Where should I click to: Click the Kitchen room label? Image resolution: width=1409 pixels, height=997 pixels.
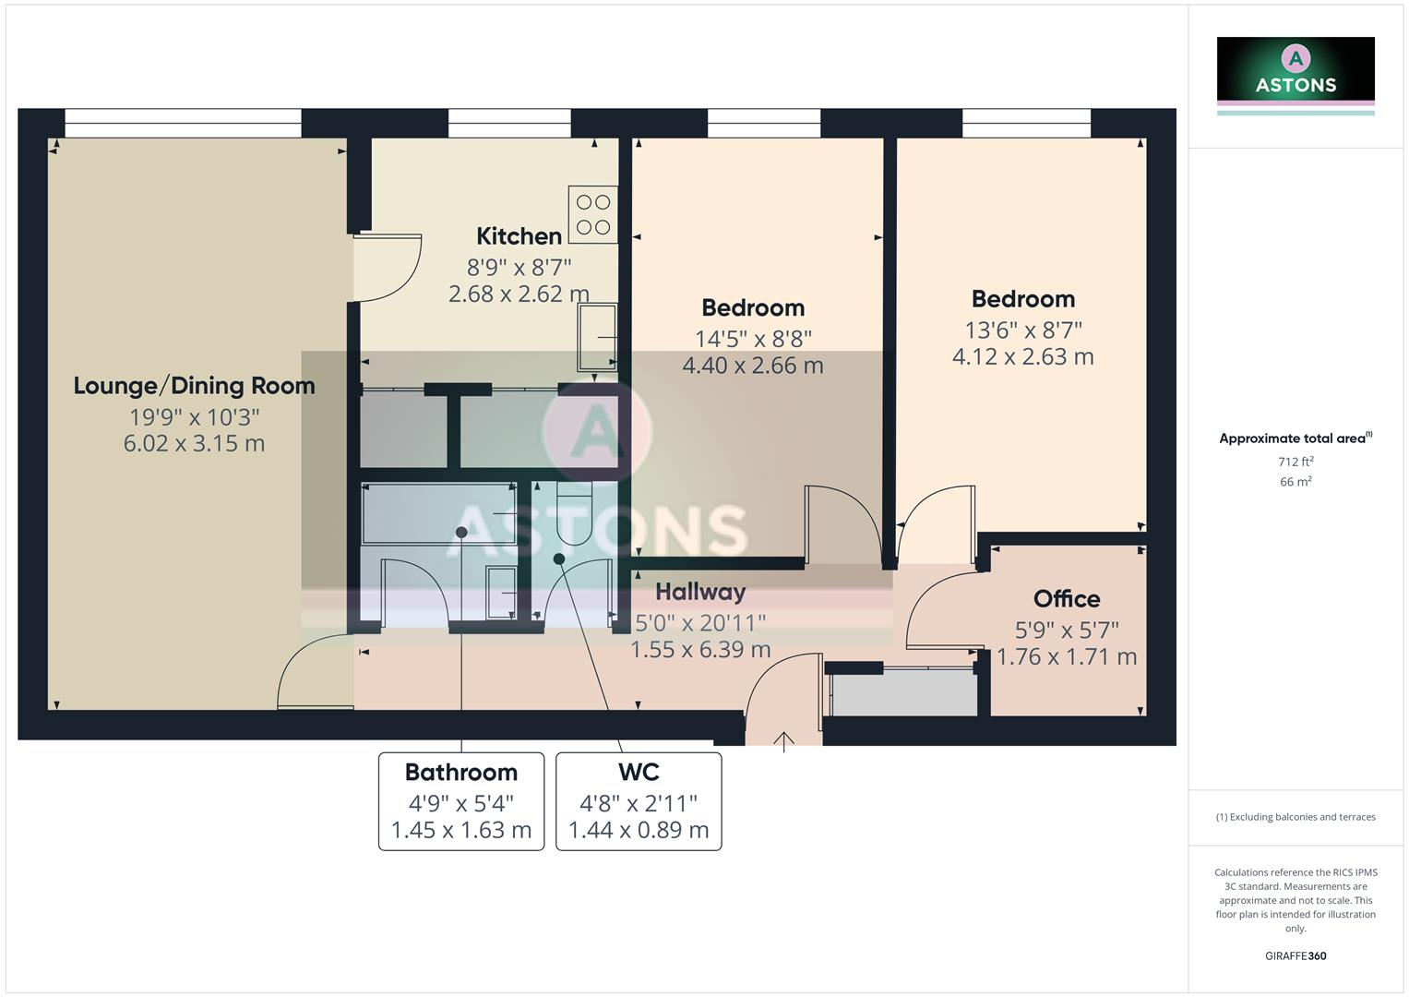(x=519, y=236)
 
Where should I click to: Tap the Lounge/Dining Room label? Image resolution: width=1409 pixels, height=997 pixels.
(x=194, y=386)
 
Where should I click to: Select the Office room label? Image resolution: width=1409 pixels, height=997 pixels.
(x=1066, y=599)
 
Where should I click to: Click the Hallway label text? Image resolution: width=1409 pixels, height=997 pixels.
(x=700, y=592)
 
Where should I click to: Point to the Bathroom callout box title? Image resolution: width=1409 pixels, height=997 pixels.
(x=460, y=773)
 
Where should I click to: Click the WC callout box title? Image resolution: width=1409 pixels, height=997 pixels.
(x=639, y=773)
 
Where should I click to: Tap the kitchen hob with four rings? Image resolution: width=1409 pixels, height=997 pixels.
(x=592, y=214)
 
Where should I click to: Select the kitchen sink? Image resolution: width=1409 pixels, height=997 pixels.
(x=597, y=338)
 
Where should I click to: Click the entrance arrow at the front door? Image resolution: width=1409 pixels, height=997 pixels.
(x=783, y=740)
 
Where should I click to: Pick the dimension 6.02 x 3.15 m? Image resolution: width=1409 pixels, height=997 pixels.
(x=194, y=444)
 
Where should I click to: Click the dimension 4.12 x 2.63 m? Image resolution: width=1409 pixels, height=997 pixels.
(x=1022, y=357)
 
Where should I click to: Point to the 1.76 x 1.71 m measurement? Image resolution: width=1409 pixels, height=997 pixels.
(x=1066, y=657)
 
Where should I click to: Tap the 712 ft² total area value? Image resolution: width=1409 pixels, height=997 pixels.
(x=1295, y=462)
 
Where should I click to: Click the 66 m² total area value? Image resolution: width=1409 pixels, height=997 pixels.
(x=1295, y=482)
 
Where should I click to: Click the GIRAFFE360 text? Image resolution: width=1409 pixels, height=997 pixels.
(x=1295, y=956)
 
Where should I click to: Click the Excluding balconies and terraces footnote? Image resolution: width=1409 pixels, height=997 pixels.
(x=1295, y=817)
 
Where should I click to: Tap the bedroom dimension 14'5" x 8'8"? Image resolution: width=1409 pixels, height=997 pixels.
(x=753, y=339)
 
